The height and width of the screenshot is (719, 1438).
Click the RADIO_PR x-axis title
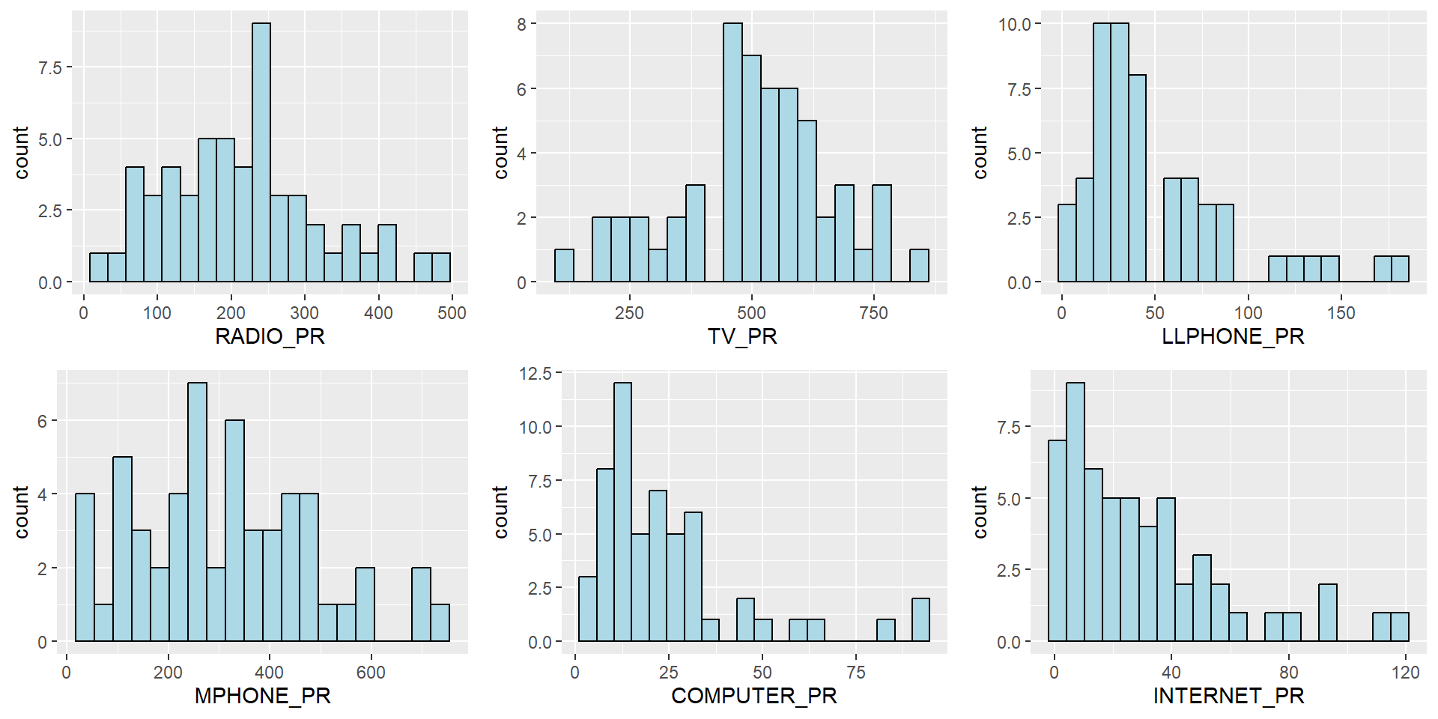tap(270, 336)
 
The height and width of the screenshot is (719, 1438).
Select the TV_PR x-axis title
tap(742, 336)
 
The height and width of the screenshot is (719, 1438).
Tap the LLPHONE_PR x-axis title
tap(1233, 336)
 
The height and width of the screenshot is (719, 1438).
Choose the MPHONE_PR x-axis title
tap(262, 696)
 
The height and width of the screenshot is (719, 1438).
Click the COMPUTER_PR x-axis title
tap(753, 696)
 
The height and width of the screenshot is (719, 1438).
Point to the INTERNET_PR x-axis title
tap(1228, 696)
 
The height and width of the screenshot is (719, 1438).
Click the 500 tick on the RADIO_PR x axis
tap(452, 313)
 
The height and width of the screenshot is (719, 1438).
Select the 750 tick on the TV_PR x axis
tap(873, 313)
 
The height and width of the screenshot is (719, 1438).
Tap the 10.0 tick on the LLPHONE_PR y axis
tap(1014, 25)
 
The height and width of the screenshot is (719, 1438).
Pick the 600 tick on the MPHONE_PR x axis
tap(371, 673)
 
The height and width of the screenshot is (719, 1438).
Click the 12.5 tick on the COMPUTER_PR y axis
tap(535, 373)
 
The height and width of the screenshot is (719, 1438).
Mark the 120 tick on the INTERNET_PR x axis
tap(1405, 673)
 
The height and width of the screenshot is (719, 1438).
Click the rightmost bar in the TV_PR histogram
tap(919, 266)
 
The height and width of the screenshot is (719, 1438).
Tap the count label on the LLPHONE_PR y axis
tap(980, 153)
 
